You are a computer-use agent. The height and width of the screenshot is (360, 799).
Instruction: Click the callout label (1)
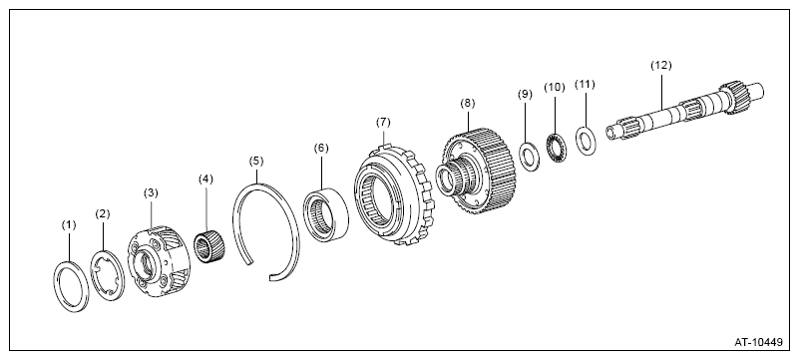tap(68, 225)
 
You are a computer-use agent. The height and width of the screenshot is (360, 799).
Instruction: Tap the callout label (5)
tap(256, 162)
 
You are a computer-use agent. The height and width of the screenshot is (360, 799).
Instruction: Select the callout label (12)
tap(661, 65)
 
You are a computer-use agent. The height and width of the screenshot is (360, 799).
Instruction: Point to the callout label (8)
tap(467, 104)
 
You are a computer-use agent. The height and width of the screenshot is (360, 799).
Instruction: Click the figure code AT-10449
tap(758, 342)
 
